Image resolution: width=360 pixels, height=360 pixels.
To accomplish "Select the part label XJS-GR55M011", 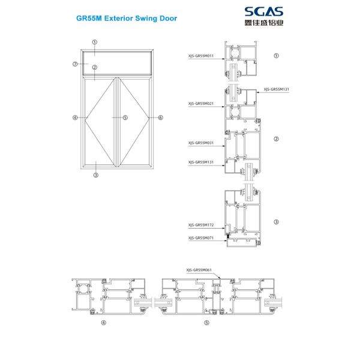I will [x=202, y=56].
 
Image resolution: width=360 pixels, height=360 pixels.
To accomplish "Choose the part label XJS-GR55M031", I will [x=202, y=143].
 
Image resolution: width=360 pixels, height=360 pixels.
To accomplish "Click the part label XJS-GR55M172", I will [x=202, y=226].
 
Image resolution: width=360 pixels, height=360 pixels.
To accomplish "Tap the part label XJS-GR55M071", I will [x=202, y=238].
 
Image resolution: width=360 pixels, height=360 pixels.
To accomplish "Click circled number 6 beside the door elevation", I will [x=161, y=118].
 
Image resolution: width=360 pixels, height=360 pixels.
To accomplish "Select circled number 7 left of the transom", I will [x=75, y=64].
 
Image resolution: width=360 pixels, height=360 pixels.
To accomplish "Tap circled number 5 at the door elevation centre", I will [x=125, y=118].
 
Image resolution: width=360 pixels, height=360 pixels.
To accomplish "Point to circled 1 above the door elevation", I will [x=95, y=43].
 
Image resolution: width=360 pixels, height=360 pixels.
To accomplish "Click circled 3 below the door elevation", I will [x=95, y=176].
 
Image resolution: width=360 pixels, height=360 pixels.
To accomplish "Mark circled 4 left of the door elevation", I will [x=75, y=118].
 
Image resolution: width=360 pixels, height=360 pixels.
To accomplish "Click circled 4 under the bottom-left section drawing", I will [x=103, y=323].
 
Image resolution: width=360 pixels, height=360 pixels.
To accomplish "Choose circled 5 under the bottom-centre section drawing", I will [x=207, y=323].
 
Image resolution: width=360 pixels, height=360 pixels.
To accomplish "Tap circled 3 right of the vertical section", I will [x=277, y=222].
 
